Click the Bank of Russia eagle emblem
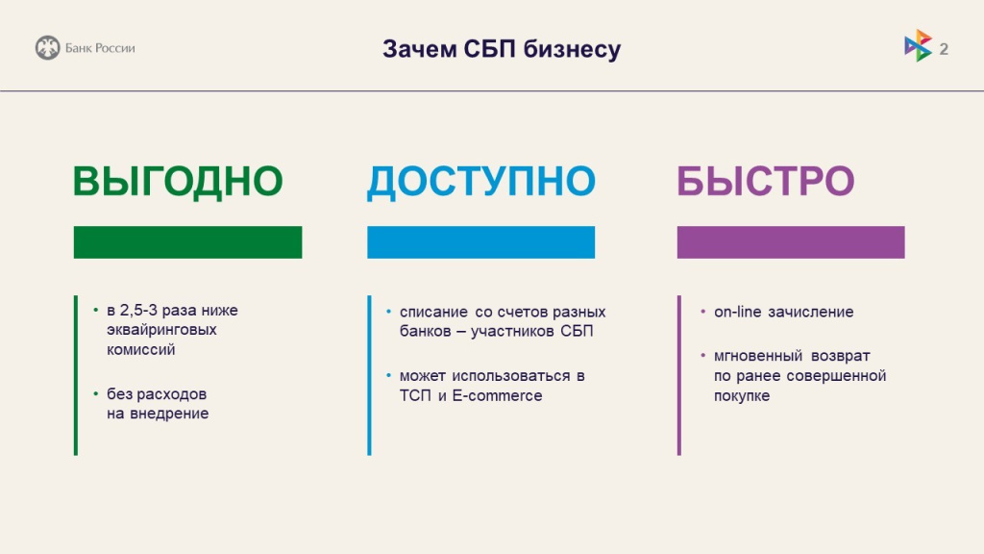(x=47, y=47)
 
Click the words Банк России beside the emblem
(x=100, y=48)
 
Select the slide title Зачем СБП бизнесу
(x=502, y=48)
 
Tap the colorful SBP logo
(x=918, y=45)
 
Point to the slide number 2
(x=944, y=48)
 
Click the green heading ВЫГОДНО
(x=178, y=182)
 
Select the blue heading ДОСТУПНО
(x=481, y=182)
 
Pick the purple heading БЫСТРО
(x=766, y=182)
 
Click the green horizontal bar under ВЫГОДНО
(x=187, y=242)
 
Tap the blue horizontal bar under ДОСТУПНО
(x=480, y=242)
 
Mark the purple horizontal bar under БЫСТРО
(x=791, y=242)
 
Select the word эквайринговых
(x=161, y=330)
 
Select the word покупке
(x=742, y=395)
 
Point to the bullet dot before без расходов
(x=96, y=394)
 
